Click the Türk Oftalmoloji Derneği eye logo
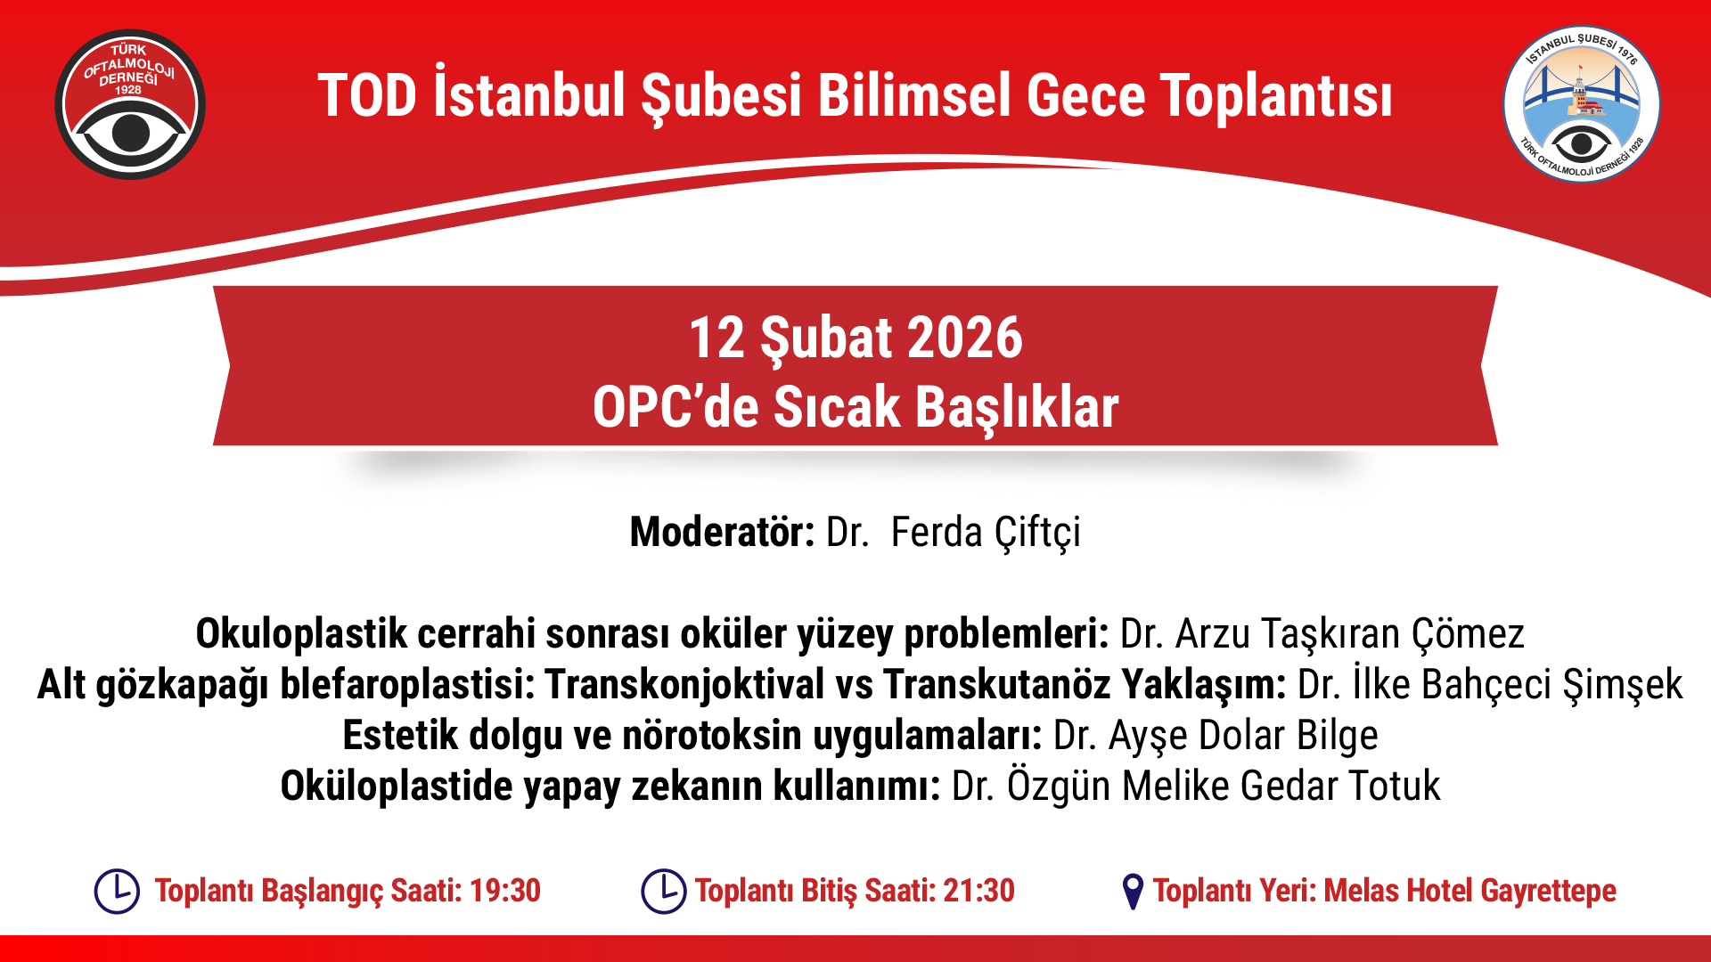tap(130, 105)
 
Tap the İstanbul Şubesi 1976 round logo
tap(1581, 104)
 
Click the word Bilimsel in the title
tap(915, 96)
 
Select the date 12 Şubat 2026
tap(855, 338)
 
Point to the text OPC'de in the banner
tap(675, 407)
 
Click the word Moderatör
tap(722, 532)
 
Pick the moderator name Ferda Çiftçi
tap(986, 533)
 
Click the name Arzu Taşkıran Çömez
tap(1350, 634)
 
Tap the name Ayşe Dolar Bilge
tap(1243, 736)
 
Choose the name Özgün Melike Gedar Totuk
tap(1224, 787)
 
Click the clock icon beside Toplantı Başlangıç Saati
tap(117, 891)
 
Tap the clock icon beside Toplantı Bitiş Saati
tap(664, 891)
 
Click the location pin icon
tap(1133, 892)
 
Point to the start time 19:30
tap(505, 891)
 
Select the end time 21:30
tap(979, 891)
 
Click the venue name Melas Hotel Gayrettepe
tap(1470, 892)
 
